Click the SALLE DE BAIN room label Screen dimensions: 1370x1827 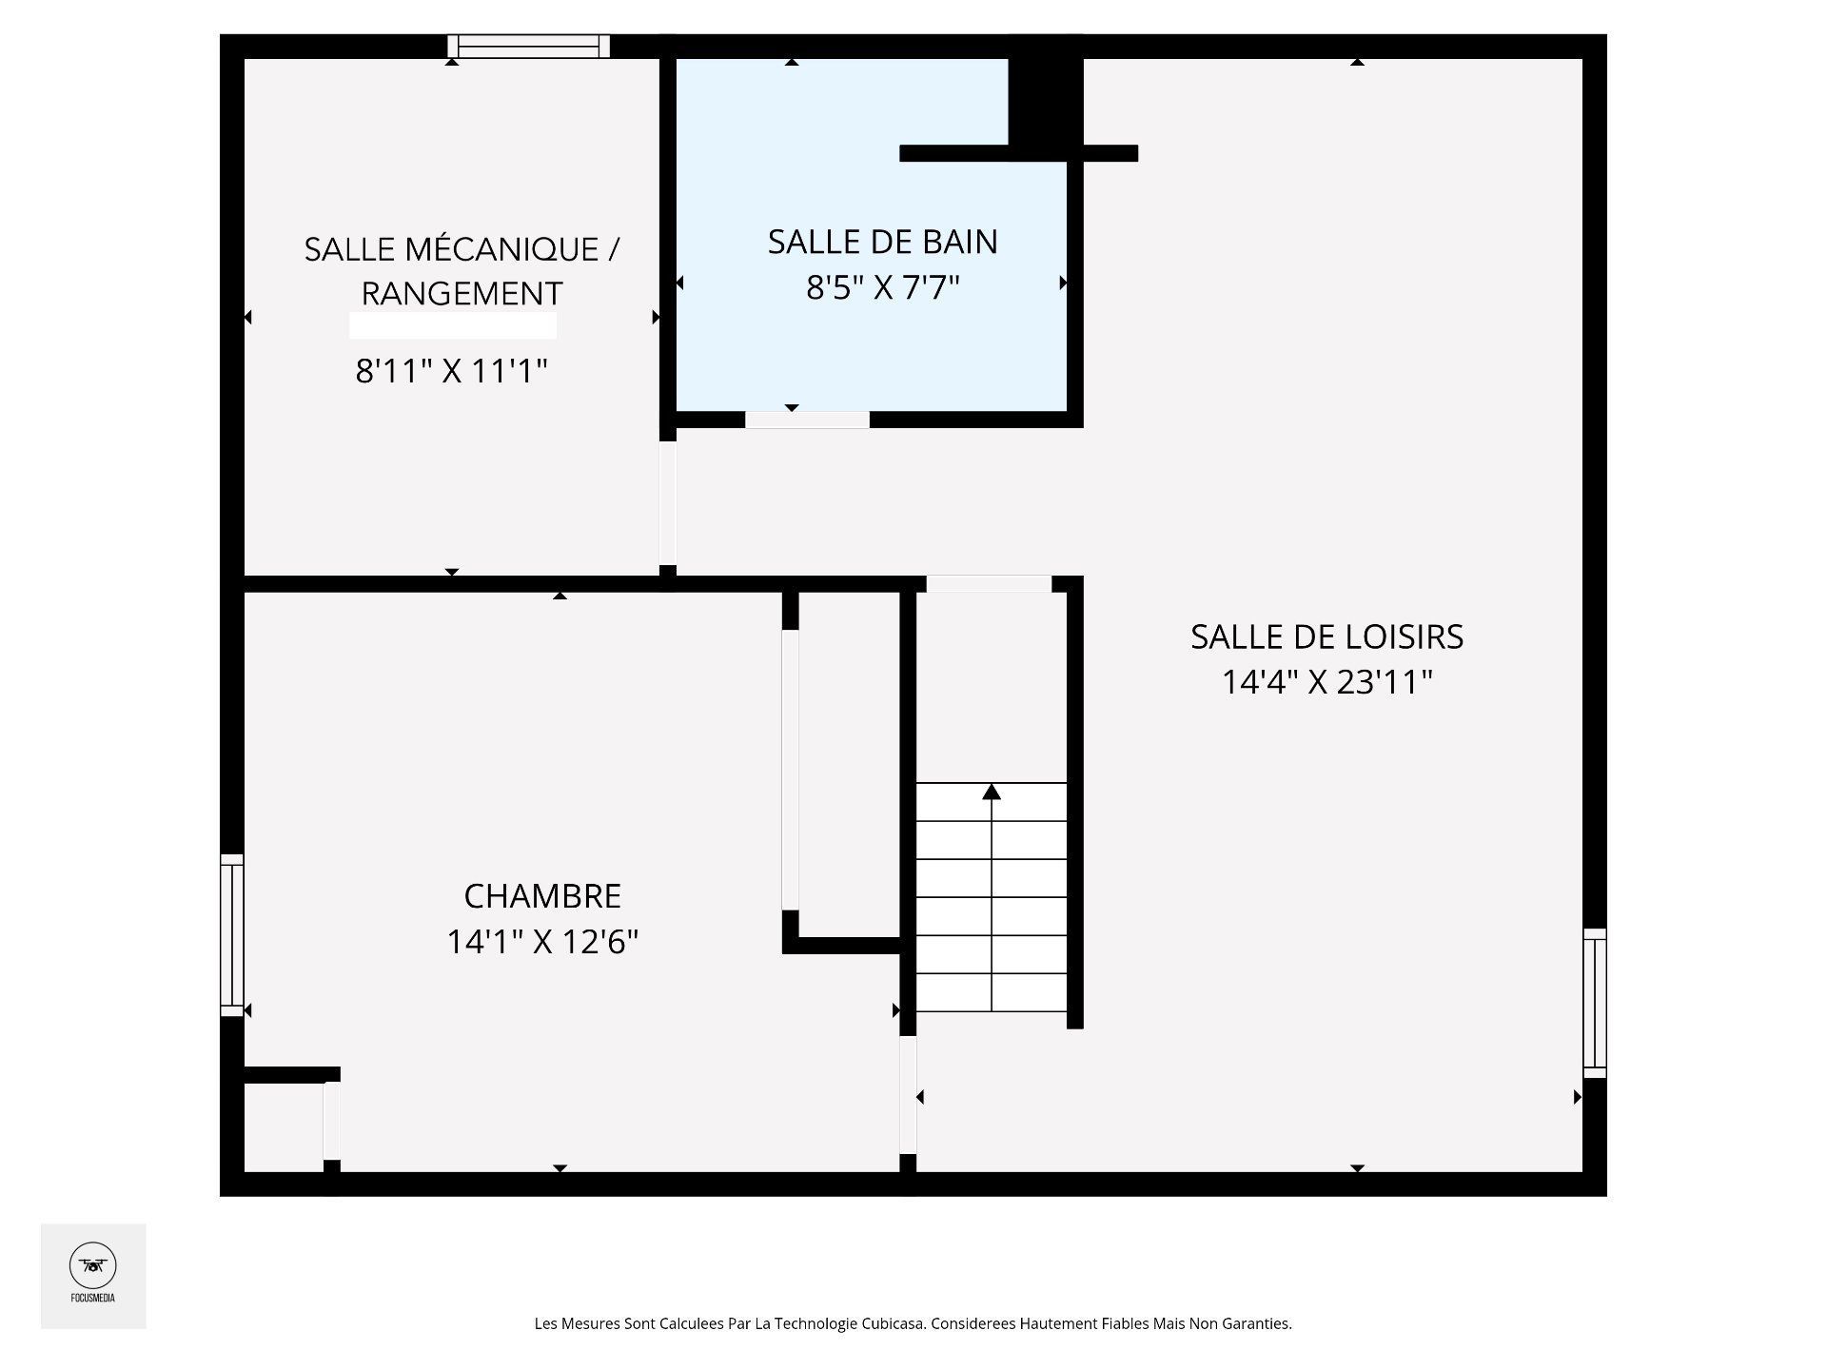pyautogui.click(x=882, y=243)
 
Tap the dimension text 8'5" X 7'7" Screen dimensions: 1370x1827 pyautogui.click(x=882, y=287)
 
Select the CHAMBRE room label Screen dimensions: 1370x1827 pyautogui.click(x=542, y=896)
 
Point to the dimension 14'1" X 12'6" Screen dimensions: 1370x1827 pyautogui.click(x=542, y=942)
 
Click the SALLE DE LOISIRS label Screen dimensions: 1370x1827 pyautogui.click(x=1326, y=637)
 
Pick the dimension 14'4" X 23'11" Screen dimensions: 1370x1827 pyautogui.click(x=1326, y=682)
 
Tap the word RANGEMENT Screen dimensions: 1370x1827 pyautogui.click(x=462, y=294)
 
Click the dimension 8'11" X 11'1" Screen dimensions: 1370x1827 pyautogui.click(x=452, y=371)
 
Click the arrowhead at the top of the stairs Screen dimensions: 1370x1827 pyautogui.click(x=992, y=792)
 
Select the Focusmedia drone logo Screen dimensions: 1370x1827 pyautogui.click(x=93, y=1266)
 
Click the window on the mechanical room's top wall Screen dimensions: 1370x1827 pyautogui.click(x=528, y=46)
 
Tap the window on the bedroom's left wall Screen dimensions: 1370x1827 pyautogui.click(x=231, y=934)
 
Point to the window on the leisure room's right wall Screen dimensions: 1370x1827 pyautogui.click(x=1595, y=1003)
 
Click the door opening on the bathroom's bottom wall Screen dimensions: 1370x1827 pyautogui.click(x=807, y=420)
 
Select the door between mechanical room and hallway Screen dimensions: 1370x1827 pyautogui.click(x=668, y=503)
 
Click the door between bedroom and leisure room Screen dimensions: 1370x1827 pyautogui.click(x=908, y=1095)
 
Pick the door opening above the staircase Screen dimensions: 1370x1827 pyautogui.click(x=989, y=584)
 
